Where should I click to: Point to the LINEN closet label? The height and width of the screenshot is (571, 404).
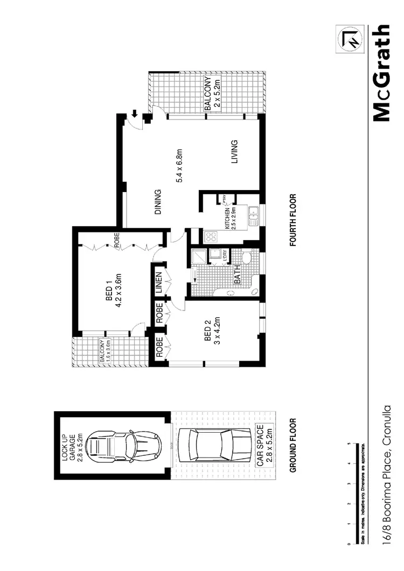point(159,283)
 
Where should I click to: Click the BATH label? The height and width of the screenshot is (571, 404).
point(236,275)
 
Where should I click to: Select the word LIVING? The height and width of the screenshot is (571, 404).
point(234,153)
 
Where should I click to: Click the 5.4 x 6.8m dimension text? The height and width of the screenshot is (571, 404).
point(181,166)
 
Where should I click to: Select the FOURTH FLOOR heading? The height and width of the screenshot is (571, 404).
point(294,220)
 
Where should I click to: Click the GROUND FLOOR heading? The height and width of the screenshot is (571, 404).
point(294,446)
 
